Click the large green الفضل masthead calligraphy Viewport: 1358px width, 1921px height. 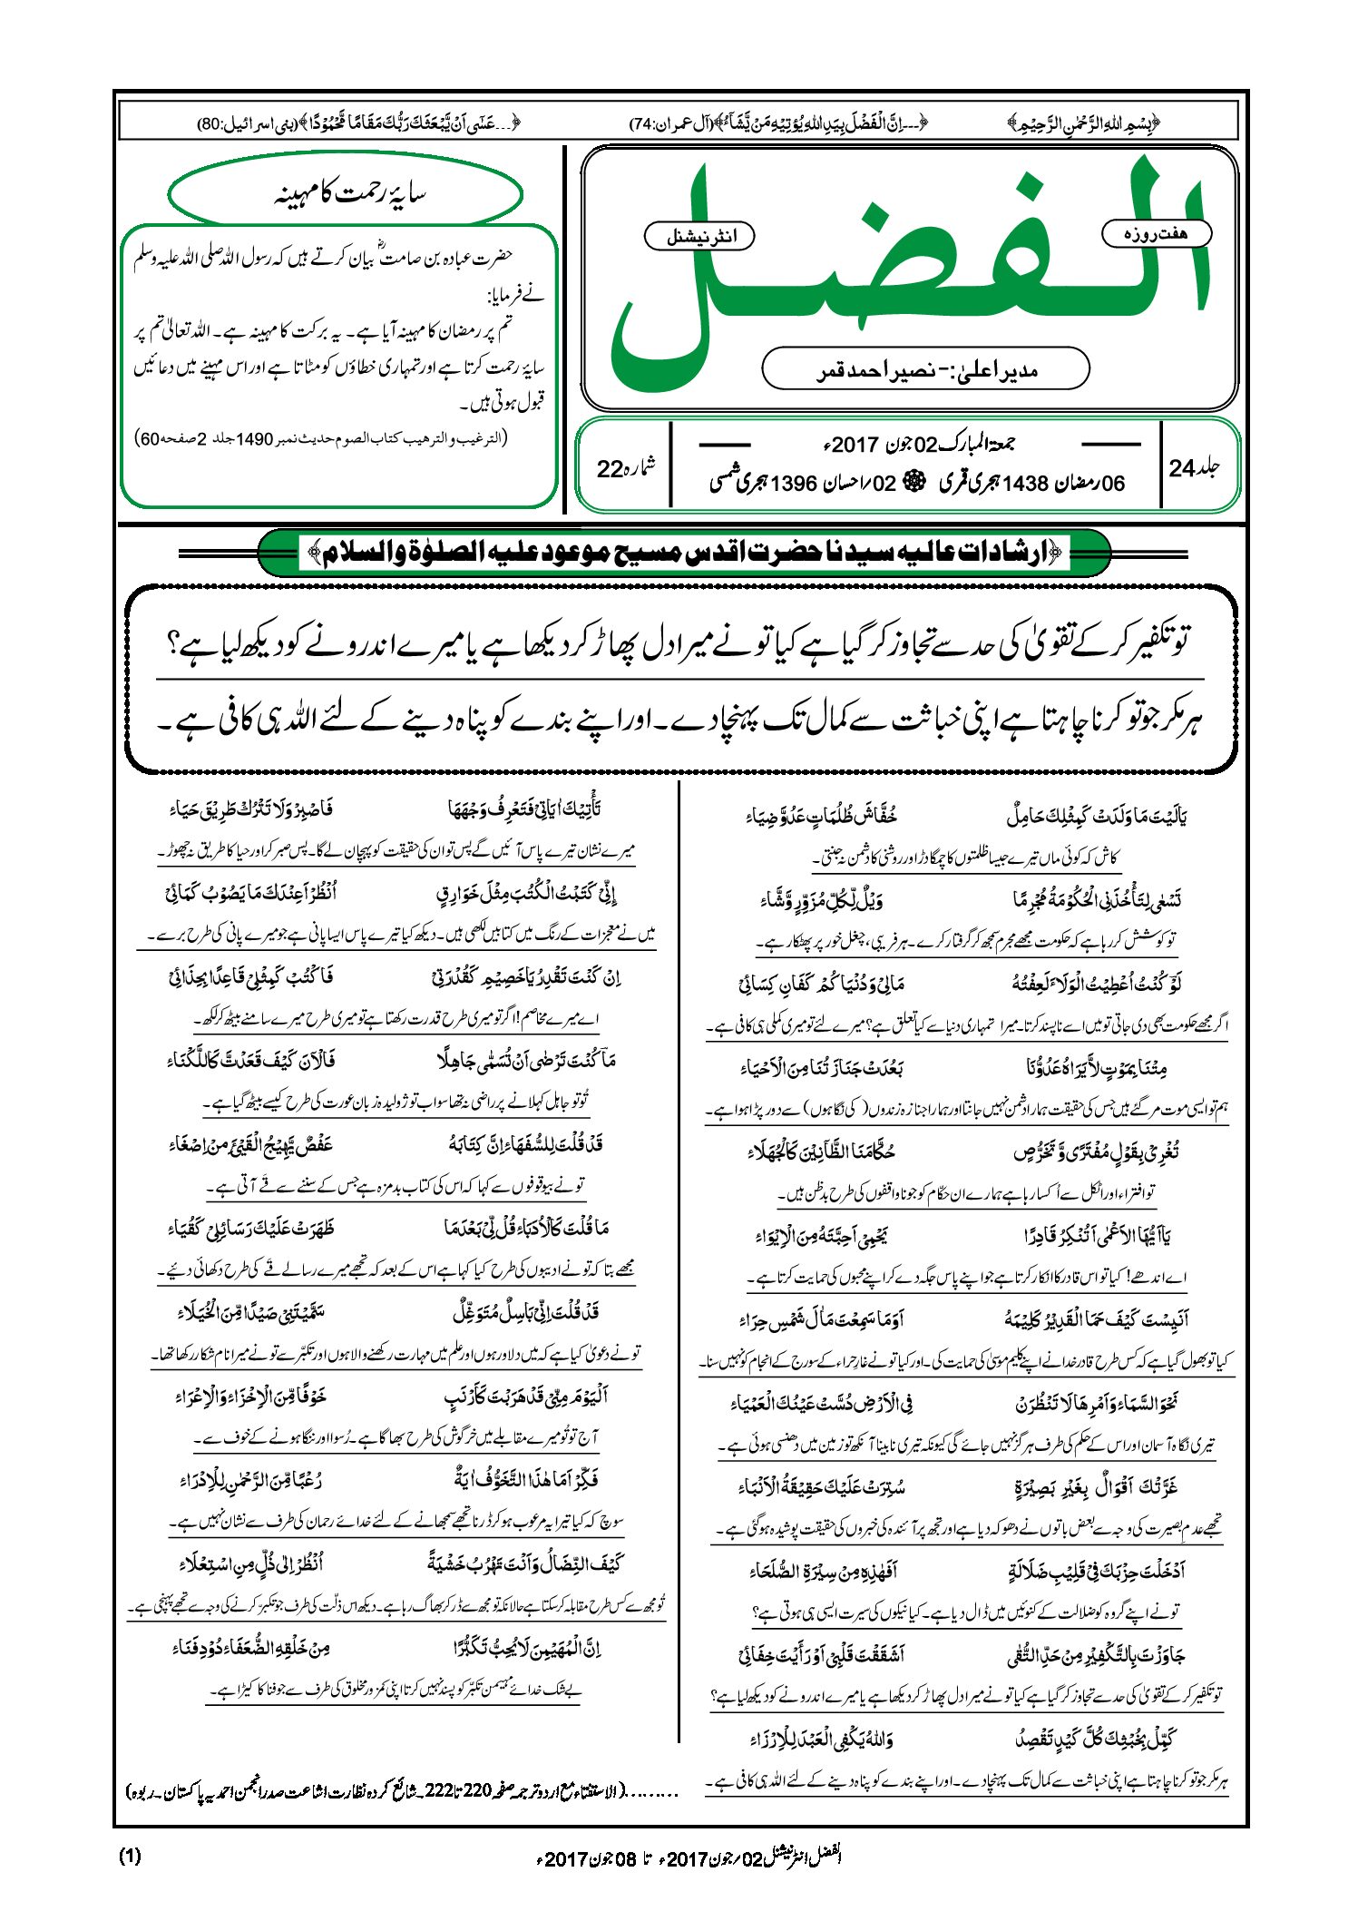click(x=907, y=272)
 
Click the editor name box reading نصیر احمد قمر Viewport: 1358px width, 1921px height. click(x=925, y=369)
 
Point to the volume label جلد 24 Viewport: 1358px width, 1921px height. click(x=1194, y=468)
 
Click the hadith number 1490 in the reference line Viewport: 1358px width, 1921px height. click(x=255, y=439)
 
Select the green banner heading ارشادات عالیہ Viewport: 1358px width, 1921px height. click(x=684, y=553)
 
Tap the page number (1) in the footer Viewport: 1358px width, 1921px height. click(x=130, y=1856)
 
